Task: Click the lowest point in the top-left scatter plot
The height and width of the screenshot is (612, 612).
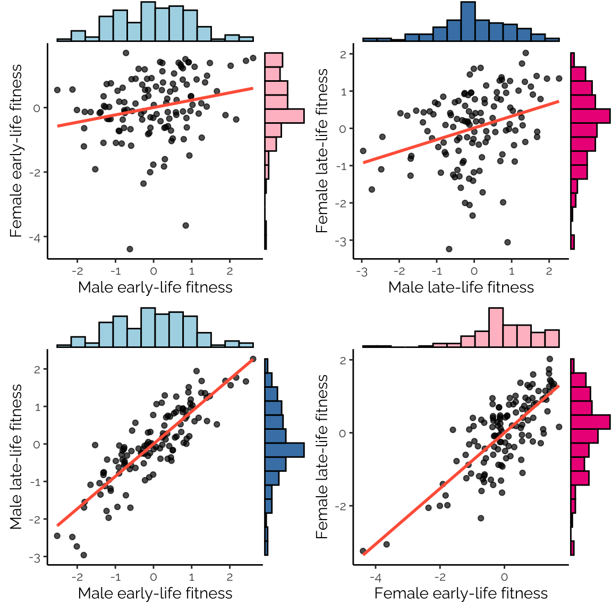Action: pyautogui.click(x=130, y=249)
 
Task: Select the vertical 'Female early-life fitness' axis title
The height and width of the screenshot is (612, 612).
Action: pyautogui.click(x=16, y=151)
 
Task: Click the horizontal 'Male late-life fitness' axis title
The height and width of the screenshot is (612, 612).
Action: pyautogui.click(x=461, y=287)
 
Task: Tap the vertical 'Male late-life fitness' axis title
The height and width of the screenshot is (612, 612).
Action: pyautogui.click(x=16, y=456)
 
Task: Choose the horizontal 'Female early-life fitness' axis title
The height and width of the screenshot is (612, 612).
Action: pyautogui.click(x=461, y=593)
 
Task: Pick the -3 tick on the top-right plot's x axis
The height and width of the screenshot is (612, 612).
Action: pyautogui.click(x=362, y=271)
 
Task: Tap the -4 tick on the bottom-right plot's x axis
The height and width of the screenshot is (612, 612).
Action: pyautogui.click(x=376, y=577)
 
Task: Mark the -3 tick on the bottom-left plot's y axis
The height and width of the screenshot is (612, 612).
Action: pyautogui.click(x=36, y=557)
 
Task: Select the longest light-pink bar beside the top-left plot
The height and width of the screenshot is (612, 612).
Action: pyautogui.click(x=284, y=116)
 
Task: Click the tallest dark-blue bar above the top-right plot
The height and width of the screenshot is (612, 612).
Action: pyautogui.click(x=468, y=21)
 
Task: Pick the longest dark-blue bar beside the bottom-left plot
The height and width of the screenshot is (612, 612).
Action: pyautogui.click(x=284, y=450)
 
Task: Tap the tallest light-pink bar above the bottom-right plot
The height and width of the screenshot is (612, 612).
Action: pyautogui.click(x=496, y=327)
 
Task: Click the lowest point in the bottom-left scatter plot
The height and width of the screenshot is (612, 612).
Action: pyautogui.click(x=83, y=555)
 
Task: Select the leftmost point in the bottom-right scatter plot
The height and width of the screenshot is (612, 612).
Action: pyautogui.click(x=363, y=551)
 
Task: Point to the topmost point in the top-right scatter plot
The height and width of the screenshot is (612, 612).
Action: pyautogui.click(x=525, y=53)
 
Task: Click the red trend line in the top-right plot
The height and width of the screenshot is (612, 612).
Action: pyautogui.click(x=461, y=132)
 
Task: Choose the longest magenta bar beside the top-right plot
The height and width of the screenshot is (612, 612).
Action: pyautogui.click(x=590, y=116)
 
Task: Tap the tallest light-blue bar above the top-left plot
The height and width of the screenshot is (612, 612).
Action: pyautogui.click(x=148, y=21)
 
